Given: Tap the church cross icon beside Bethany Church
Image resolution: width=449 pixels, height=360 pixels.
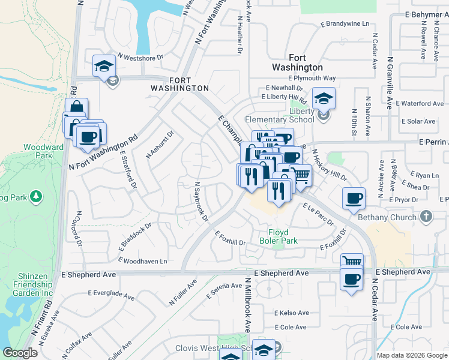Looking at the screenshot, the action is tap(426, 216).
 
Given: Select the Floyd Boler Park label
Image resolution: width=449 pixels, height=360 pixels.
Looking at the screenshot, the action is tap(279, 236).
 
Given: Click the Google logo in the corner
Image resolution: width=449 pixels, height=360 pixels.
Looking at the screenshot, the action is tap(20, 353).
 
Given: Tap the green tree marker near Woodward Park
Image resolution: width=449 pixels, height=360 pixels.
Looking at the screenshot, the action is tap(37, 196).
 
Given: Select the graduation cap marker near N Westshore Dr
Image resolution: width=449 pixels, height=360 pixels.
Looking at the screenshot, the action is tap(104, 65).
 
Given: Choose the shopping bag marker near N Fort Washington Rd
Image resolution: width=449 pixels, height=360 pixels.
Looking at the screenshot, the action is tap(76, 109).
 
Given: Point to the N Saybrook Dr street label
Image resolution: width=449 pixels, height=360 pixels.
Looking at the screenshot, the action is tap(201, 201).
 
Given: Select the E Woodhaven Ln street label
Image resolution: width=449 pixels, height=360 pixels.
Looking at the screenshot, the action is tap(143, 261).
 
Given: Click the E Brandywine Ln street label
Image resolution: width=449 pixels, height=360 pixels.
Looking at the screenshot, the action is tap(345, 25).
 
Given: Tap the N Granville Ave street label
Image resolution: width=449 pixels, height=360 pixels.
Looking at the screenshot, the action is tap(390, 82).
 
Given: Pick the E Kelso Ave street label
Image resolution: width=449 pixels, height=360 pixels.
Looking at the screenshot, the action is tap(292, 313).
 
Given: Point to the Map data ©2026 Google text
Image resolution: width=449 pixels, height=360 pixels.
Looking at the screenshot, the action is tap(411, 355).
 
